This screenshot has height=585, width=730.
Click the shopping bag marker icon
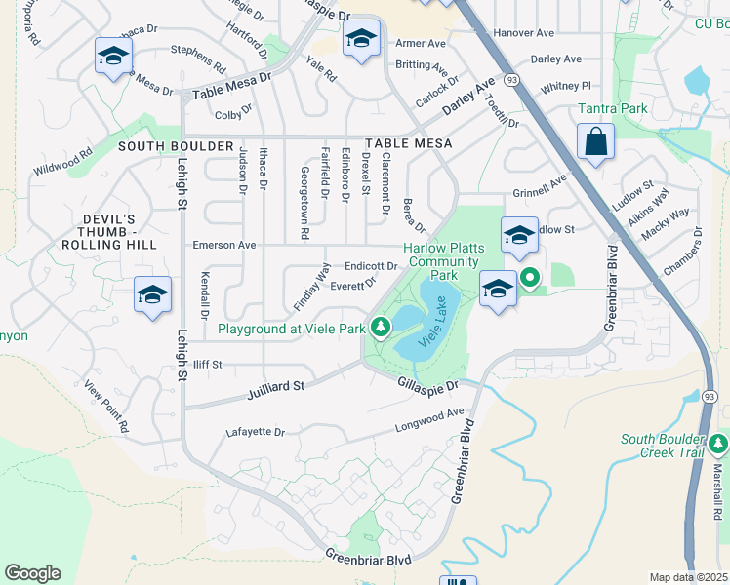coord(595,142)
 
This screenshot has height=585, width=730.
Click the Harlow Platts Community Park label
coord(444,260)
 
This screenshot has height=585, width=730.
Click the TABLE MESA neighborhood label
coord(409,143)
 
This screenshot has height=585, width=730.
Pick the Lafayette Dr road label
coord(255,432)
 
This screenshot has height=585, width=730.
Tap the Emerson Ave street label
coord(224,245)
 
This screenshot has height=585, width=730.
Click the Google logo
coord(32,573)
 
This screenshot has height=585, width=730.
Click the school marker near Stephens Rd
coord(114,57)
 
